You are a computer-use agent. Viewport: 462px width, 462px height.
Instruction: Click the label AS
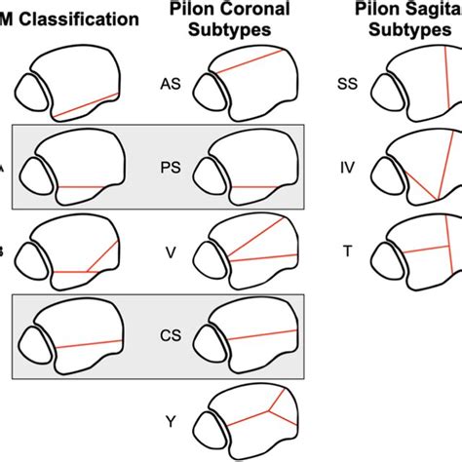(x=170, y=85)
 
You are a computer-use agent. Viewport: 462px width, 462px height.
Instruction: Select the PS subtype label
(x=170, y=167)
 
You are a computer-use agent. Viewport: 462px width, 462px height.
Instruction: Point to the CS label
(x=170, y=334)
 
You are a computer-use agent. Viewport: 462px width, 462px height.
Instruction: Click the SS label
(x=347, y=85)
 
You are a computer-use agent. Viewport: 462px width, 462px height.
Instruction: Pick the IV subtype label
(x=348, y=167)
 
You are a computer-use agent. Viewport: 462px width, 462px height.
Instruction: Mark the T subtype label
(x=348, y=250)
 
